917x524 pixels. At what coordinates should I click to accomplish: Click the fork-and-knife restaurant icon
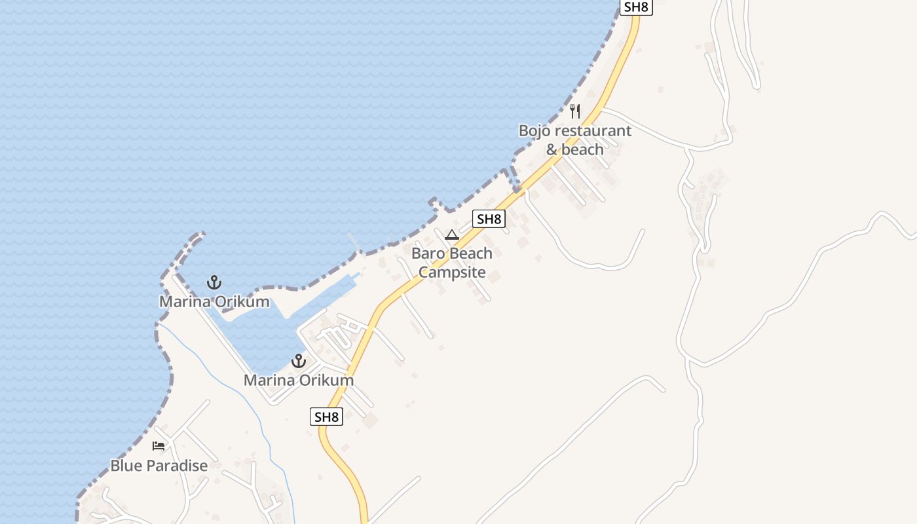[575, 111]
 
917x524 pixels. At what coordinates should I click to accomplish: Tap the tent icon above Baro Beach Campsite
[452, 234]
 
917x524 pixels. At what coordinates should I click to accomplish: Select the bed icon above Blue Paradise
[159, 446]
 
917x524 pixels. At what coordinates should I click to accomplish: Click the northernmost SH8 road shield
[637, 7]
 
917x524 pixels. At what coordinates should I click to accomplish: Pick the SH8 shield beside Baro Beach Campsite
[489, 219]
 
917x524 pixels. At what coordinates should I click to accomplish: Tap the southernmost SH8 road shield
[326, 417]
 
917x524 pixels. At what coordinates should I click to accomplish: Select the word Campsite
[452, 272]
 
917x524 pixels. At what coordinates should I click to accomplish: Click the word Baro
[426, 253]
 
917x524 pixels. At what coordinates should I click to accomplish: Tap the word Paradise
[176, 466]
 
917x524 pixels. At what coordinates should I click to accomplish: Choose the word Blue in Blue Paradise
[125, 466]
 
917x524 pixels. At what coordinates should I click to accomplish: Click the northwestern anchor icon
[214, 282]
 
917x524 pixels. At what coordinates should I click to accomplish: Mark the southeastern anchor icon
[299, 360]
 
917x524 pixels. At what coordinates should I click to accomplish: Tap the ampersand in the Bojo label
[552, 149]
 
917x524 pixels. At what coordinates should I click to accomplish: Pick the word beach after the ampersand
[582, 149]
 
